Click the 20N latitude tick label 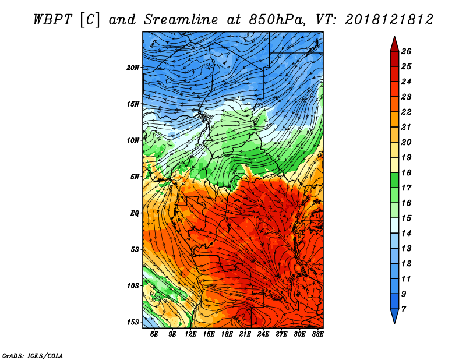pos(133,68)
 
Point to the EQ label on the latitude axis pos(135,213)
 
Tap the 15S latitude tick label pos(133,322)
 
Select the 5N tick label pos(135,177)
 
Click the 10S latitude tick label pos(133,285)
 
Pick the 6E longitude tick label pos(154,334)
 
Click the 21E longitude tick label pos(245,334)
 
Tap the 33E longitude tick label pos(317,334)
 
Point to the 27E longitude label pos(281,334)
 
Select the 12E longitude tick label pos(190,334)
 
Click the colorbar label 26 pos(406,51)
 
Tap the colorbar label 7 pos(404,309)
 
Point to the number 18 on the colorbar pos(406,172)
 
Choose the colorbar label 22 pos(406,112)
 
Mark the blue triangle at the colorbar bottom pos(394,315)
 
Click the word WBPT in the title pos(53,20)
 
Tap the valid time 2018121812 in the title pos(389,20)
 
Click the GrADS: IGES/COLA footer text pos(33,356)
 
